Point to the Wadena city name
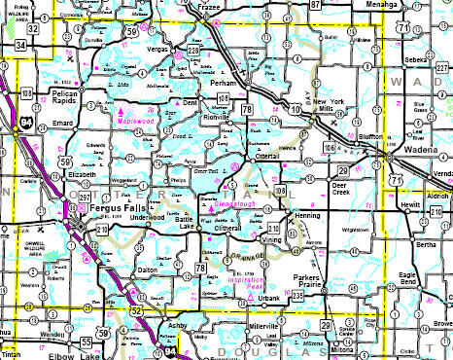tap(420, 160)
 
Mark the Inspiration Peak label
tap(236, 288)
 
